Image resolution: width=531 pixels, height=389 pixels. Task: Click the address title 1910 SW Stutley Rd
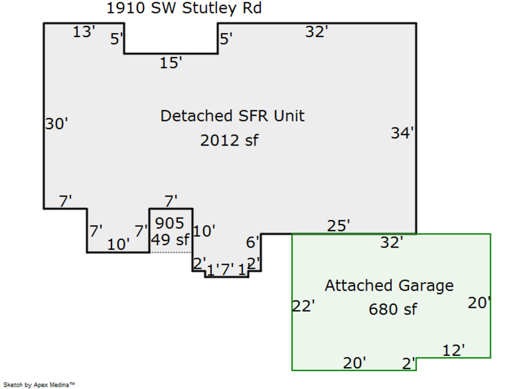pyautogui.click(x=184, y=8)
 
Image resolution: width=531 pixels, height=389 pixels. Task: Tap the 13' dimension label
pyautogui.click(x=84, y=32)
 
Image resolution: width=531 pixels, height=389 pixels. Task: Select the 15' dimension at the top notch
pyautogui.click(x=171, y=63)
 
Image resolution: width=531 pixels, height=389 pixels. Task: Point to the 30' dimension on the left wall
pyautogui.click(x=57, y=124)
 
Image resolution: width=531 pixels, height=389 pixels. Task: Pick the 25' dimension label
pyautogui.click(x=339, y=225)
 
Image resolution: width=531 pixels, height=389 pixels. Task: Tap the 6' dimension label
pyautogui.click(x=253, y=242)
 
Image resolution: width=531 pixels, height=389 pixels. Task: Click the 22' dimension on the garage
pyautogui.click(x=304, y=306)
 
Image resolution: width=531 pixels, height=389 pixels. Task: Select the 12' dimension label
pyautogui.click(x=454, y=350)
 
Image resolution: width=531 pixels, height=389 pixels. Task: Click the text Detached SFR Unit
pyautogui.click(x=232, y=116)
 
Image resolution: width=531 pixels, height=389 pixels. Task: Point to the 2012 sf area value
pyautogui.click(x=229, y=140)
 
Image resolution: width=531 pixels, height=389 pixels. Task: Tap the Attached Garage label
pyautogui.click(x=389, y=286)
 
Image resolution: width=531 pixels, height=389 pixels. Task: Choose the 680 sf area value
pyautogui.click(x=392, y=309)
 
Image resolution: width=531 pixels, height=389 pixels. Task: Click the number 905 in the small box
pyautogui.click(x=170, y=223)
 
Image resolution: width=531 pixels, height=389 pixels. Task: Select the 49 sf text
pyautogui.click(x=170, y=240)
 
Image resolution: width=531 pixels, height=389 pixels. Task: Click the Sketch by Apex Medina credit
pyautogui.click(x=40, y=384)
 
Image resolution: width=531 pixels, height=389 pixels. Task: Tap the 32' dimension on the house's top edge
pyautogui.click(x=316, y=32)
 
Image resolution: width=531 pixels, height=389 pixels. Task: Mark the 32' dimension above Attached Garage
pyautogui.click(x=391, y=242)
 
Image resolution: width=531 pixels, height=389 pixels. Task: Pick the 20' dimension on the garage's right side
pyautogui.click(x=479, y=303)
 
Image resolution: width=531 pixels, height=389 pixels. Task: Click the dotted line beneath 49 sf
pyautogui.click(x=171, y=252)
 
